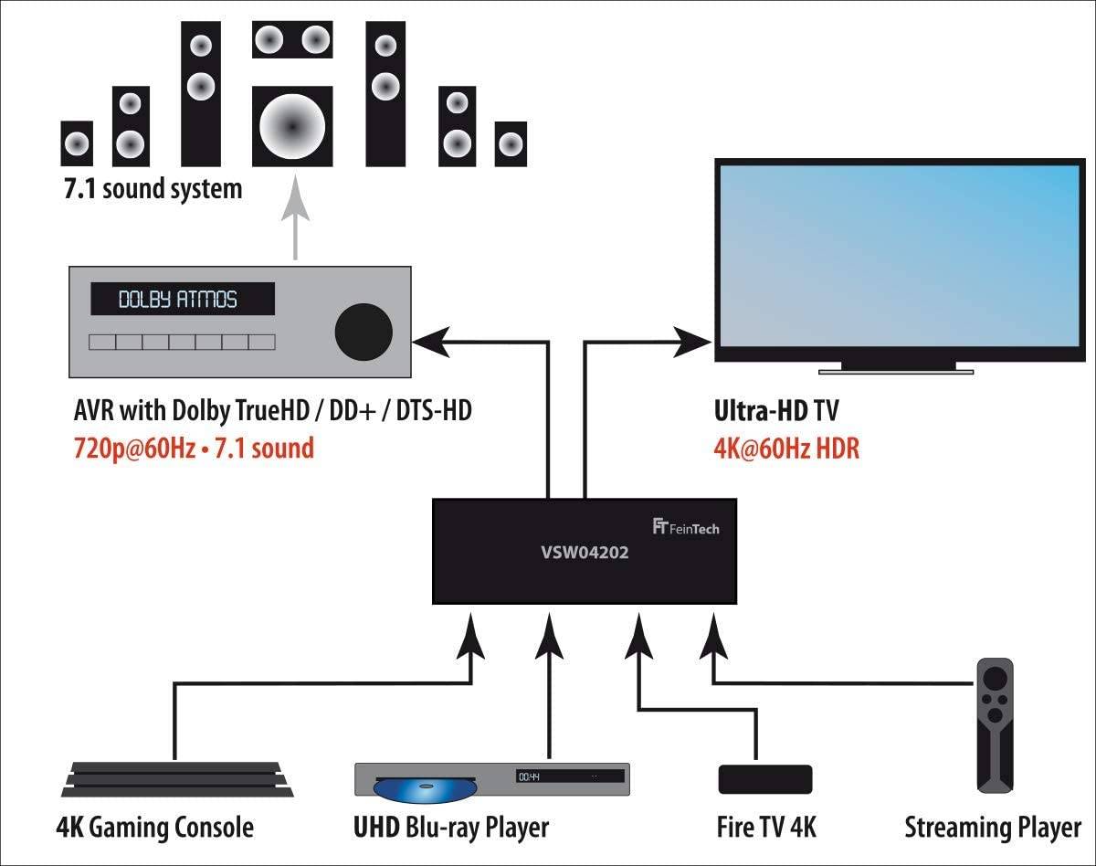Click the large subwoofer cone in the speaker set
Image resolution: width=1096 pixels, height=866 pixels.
[x=292, y=122]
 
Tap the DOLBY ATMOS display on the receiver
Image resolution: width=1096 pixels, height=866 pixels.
[x=182, y=299]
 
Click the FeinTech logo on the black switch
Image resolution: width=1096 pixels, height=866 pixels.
[x=685, y=527]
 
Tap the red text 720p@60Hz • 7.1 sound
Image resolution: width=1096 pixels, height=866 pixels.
[x=193, y=449]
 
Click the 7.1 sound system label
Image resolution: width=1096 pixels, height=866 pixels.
[x=152, y=189]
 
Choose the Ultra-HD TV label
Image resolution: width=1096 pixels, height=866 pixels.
[x=775, y=411]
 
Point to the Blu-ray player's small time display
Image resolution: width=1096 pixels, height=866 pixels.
[x=530, y=776]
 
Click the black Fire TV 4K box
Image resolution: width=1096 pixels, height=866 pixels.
[x=764, y=779]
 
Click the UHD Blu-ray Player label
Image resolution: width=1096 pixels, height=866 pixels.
[x=451, y=828]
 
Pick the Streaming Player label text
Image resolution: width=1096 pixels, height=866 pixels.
[x=993, y=828]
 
